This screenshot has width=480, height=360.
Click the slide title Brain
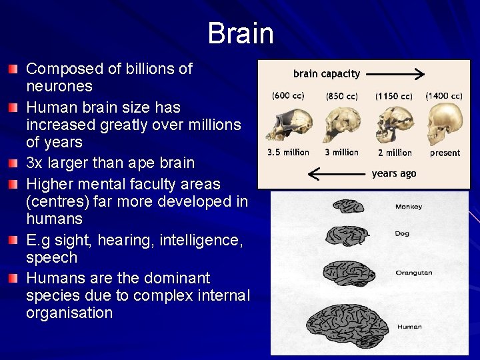240,33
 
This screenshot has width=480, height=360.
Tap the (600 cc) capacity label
288,96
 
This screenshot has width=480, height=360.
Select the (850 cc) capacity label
341,96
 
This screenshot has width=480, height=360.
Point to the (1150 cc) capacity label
393,96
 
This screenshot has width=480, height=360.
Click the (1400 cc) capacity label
445,96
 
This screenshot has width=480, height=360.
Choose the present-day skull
443,125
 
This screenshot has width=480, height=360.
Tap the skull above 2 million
392,125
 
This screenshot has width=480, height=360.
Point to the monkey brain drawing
348,206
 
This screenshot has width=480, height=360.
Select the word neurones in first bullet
59,86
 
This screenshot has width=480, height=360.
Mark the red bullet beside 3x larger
14,163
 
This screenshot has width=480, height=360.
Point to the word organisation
69,313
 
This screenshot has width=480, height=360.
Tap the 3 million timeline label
342,153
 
